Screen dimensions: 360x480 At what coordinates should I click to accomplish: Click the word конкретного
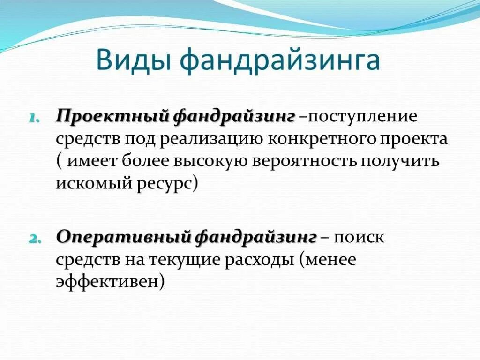point(322,139)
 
